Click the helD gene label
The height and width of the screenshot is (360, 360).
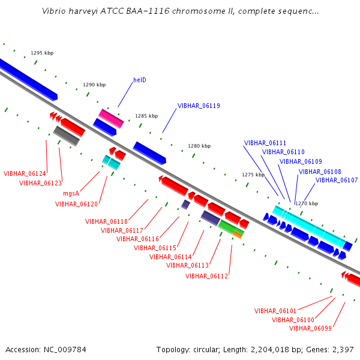coord(140,80)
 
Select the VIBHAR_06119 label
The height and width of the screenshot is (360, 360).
coord(199,106)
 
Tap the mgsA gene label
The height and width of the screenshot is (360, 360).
coord(71,194)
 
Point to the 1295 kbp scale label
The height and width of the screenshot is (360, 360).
coord(42,53)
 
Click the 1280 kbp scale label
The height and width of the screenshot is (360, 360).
coord(199,146)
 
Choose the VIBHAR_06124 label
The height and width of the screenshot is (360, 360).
coord(25,173)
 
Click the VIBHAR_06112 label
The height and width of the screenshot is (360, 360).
coord(206,276)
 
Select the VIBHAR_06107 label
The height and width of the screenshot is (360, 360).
coord(337,180)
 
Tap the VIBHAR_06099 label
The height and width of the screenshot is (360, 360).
coord(310,328)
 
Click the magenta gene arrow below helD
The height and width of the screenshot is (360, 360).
coord(111,118)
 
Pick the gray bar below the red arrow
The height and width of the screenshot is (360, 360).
coord(67,136)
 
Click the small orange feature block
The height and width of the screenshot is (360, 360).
coord(238,235)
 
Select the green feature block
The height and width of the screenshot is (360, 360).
coord(230,227)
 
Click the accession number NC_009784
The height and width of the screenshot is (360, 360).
coord(65,350)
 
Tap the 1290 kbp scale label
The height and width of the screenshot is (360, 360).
coord(94,85)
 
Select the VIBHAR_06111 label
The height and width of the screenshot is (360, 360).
coord(265,143)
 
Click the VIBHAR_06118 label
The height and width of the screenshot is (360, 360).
coord(106,221)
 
